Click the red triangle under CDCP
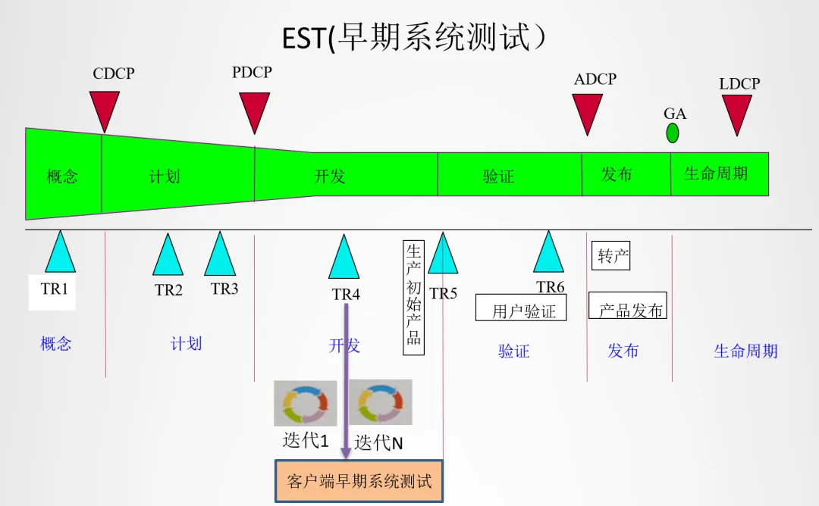pyautogui.click(x=105, y=108)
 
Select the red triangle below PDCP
pyautogui.click(x=255, y=110)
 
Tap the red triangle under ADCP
pyautogui.click(x=588, y=111)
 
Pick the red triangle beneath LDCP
pyautogui.click(x=736, y=112)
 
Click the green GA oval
pyautogui.click(x=673, y=133)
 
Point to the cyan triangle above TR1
pyautogui.click(x=60, y=255)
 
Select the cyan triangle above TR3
pyautogui.click(x=220, y=257)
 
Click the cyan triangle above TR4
pyautogui.click(x=344, y=260)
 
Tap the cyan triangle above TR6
pyautogui.click(x=548, y=255)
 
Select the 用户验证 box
pyautogui.click(x=522, y=309)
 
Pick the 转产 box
pyautogui.click(x=610, y=255)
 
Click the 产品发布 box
pyautogui.click(x=628, y=307)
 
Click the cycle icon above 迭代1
pyautogui.click(x=306, y=404)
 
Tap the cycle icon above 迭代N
pyautogui.click(x=381, y=402)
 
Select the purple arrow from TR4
pyautogui.click(x=346, y=379)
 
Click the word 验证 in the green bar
pyautogui.click(x=498, y=176)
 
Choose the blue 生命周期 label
pyautogui.click(x=745, y=351)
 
